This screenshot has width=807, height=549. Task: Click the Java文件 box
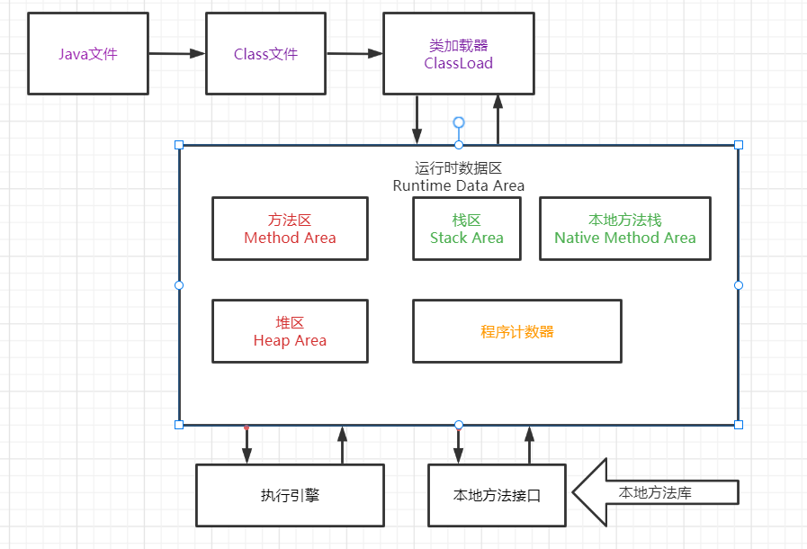(88, 54)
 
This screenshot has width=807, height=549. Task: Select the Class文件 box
(265, 54)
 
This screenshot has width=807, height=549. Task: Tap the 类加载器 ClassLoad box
(458, 54)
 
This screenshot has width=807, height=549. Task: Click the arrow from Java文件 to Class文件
(176, 54)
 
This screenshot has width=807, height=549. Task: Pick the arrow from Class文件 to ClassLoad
(354, 54)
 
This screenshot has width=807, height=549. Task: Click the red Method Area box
(290, 229)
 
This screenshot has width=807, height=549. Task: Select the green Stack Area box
(466, 229)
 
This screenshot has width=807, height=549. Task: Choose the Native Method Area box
(624, 229)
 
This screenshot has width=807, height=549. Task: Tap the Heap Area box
(290, 331)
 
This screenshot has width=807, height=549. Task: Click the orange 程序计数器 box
(516, 331)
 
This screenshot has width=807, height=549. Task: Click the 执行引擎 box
(290, 495)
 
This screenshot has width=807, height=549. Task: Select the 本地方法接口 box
(497, 495)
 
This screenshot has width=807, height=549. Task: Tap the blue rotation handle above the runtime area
(459, 121)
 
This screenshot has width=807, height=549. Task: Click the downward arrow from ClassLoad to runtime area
(417, 119)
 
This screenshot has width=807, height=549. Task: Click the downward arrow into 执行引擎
(247, 445)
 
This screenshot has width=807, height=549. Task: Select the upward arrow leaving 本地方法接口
(530, 445)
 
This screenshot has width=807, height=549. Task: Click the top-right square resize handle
(739, 144)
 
